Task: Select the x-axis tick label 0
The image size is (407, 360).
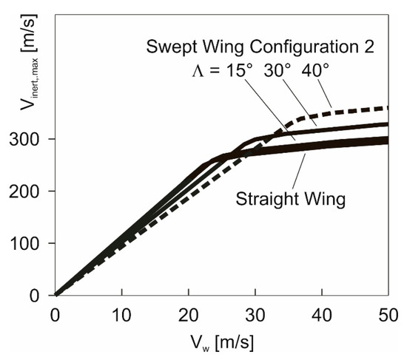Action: click(x=54, y=312)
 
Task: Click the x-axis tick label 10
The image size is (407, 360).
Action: click(x=121, y=312)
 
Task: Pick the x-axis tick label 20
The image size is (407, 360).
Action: click(x=188, y=312)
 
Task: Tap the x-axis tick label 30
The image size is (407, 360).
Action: click(x=255, y=312)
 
